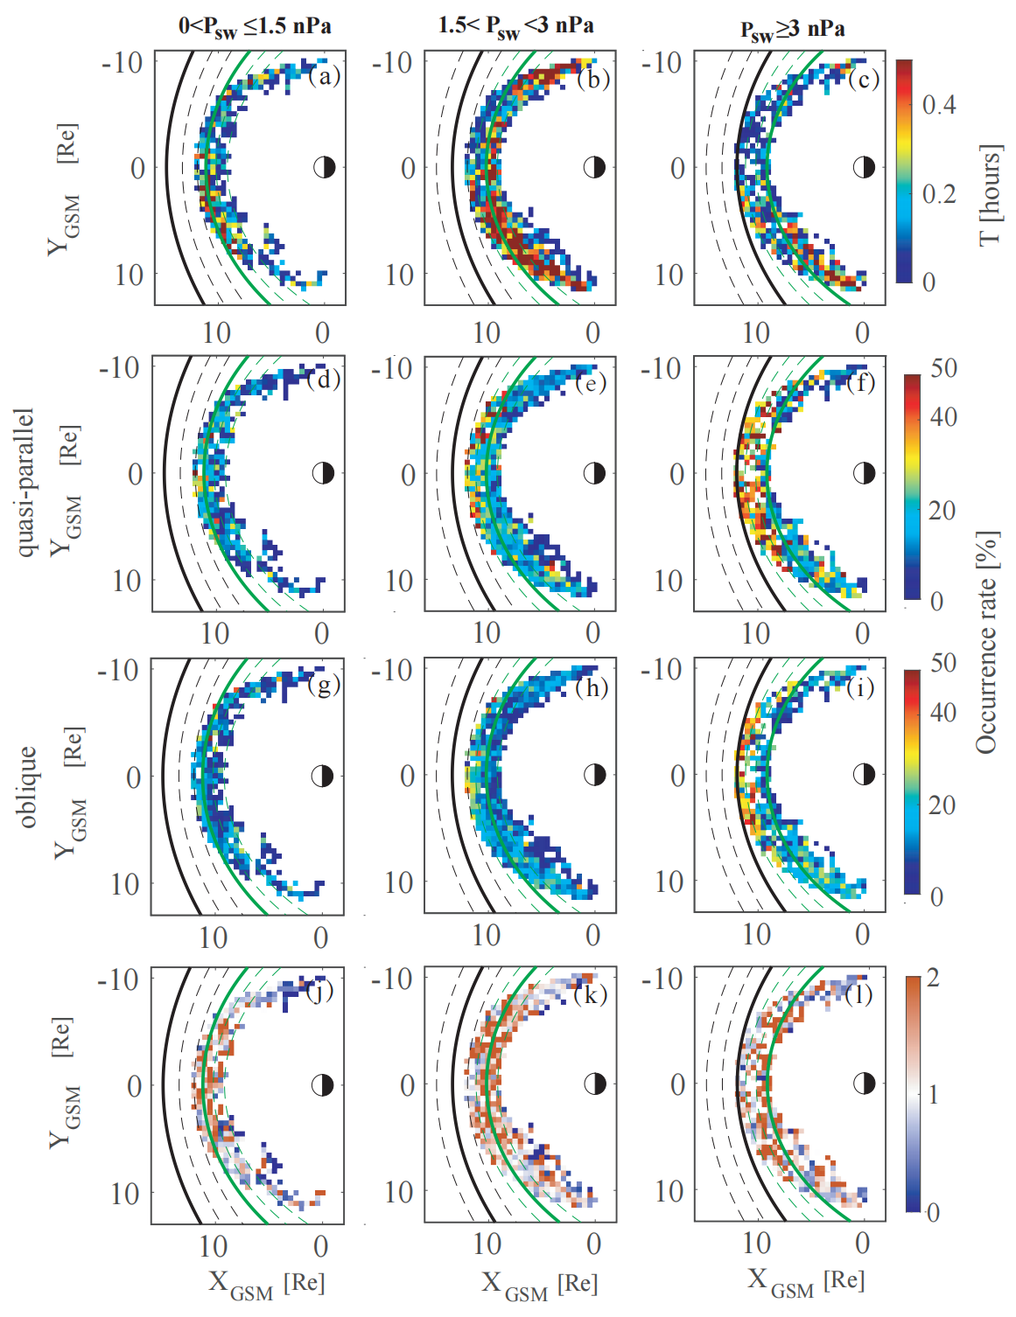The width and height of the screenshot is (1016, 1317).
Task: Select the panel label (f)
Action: [x=861, y=382]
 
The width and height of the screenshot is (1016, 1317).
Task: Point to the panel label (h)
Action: [x=592, y=687]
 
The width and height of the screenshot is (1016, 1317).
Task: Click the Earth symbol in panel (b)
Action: [x=594, y=167]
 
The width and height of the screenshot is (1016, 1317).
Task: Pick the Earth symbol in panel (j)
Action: [x=323, y=1085]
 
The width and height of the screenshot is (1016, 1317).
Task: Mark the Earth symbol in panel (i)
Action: [x=864, y=774]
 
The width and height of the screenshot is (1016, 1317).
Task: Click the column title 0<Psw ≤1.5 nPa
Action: [x=255, y=27]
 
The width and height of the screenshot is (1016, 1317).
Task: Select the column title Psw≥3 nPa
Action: [x=792, y=30]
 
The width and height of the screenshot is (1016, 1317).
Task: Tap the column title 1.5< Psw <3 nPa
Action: [x=515, y=27]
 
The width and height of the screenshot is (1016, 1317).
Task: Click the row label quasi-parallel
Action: [x=25, y=481]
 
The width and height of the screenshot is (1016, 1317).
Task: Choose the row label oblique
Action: [x=27, y=787]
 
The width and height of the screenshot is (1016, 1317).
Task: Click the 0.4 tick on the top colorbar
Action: [x=939, y=105]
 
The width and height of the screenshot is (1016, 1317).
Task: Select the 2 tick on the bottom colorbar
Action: [x=933, y=978]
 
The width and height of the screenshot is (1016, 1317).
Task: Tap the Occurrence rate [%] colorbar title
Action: [x=987, y=643]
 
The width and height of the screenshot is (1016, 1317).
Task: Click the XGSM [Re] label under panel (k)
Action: [x=539, y=1284]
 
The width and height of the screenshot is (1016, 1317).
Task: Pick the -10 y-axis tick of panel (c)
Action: [x=662, y=63]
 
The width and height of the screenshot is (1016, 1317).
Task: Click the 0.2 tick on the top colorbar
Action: [x=939, y=194]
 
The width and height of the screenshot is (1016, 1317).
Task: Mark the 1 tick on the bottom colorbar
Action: [x=933, y=1094]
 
